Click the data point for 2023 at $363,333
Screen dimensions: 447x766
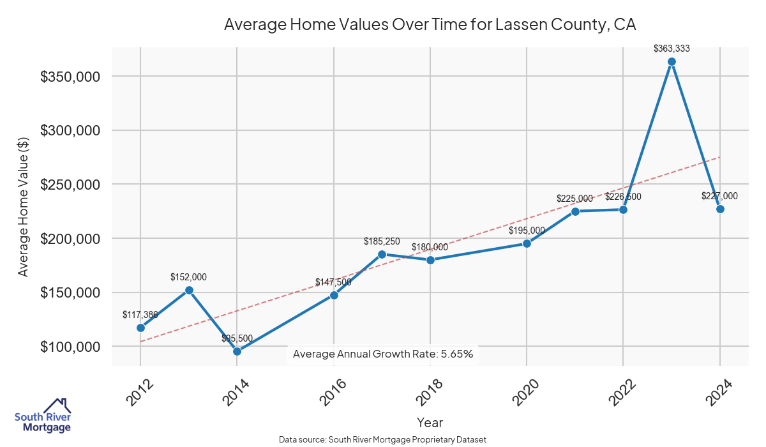click(x=672, y=62)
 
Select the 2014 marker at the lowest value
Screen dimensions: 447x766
click(x=237, y=351)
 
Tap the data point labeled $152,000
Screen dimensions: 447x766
click(x=189, y=290)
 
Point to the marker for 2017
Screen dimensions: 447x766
click(x=382, y=254)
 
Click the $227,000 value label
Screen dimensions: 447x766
click(x=719, y=197)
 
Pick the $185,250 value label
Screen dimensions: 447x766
click(x=382, y=241)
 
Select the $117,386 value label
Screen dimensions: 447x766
click(x=140, y=315)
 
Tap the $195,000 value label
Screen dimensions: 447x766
click(x=527, y=231)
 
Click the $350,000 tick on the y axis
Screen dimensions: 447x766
click(x=70, y=77)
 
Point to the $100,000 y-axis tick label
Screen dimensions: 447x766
click(x=70, y=347)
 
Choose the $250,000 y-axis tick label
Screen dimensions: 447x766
click(x=70, y=185)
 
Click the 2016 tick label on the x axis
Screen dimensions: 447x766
click(x=329, y=392)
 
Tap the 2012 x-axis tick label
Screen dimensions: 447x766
click(x=136, y=392)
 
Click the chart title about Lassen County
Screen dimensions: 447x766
click(x=430, y=25)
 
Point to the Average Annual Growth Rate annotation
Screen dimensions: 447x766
click(x=383, y=354)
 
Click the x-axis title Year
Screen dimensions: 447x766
click(x=430, y=423)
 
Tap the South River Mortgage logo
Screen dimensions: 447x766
click(x=43, y=415)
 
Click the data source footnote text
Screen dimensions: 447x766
click(x=383, y=440)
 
